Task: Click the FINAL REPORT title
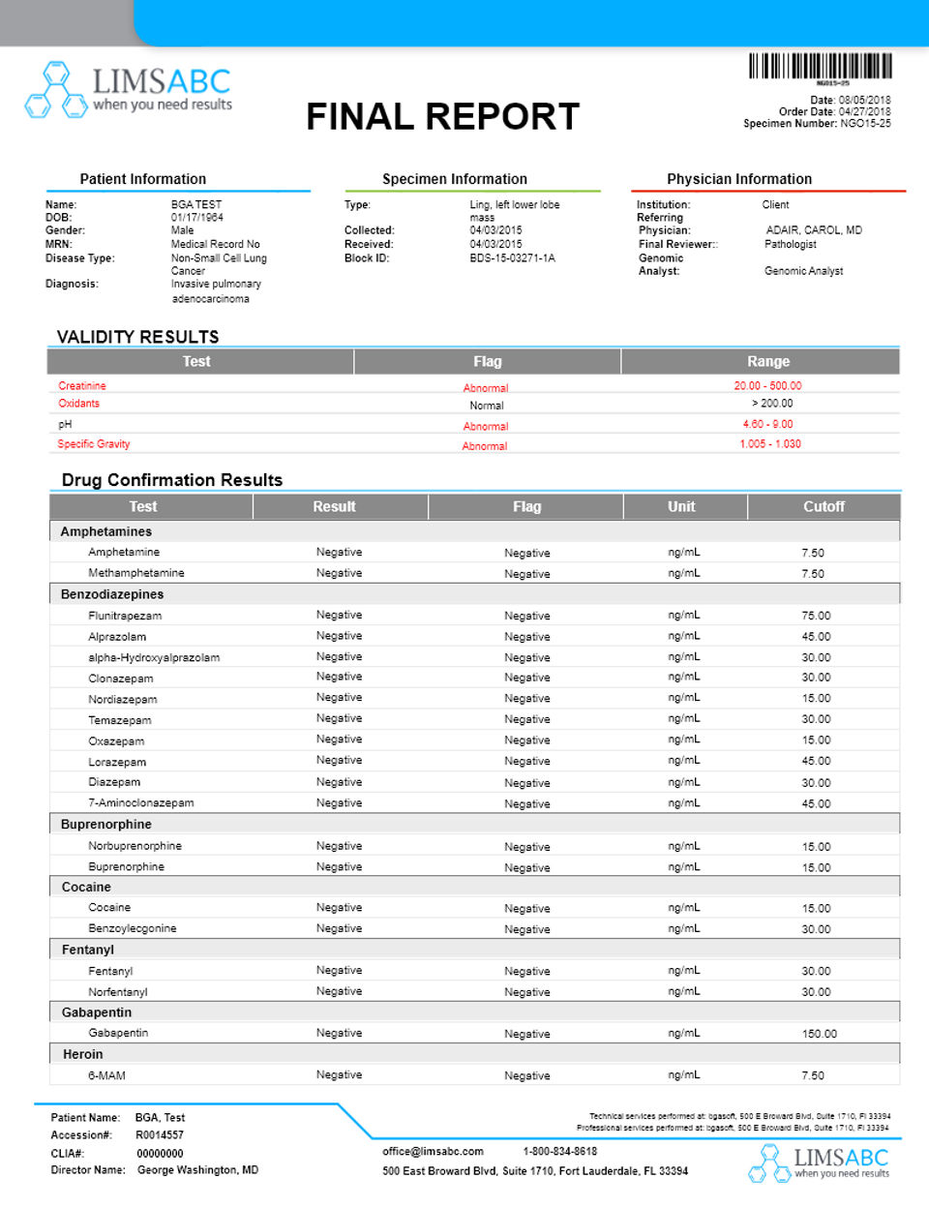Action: [x=442, y=117]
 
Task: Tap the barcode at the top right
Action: [x=820, y=66]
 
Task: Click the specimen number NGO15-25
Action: [x=865, y=124]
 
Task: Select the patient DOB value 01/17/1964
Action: [x=196, y=218]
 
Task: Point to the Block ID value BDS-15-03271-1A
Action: [x=512, y=258]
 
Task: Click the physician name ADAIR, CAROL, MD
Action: [x=813, y=230]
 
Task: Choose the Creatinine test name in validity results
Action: [x=82, y=386]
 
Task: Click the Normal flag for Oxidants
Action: [x=487, y=406]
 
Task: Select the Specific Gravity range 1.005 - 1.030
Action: [x=769, y=444]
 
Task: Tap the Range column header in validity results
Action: [x=768, y=362]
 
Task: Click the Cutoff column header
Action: [x=824, y=507]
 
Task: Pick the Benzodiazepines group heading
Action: [x=112, y=594]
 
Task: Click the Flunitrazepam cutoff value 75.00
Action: [x=816, y=616]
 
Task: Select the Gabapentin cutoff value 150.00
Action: [x=819, y=1034]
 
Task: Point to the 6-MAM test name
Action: [x=106, y=1075]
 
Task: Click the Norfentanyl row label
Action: [x=118, y=992]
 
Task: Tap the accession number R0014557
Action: [x=160, y=1135]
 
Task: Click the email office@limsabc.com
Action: [x=433, y=1152]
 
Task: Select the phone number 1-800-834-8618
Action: [x=559, y=1152]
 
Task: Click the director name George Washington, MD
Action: [x=197, y=1170]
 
